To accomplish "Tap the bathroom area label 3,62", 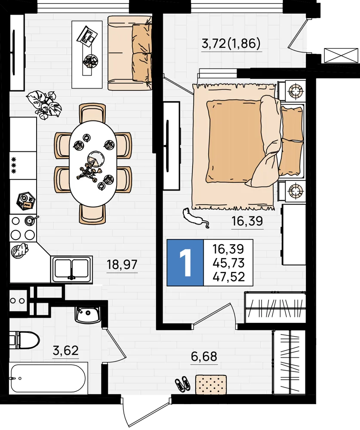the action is pyautogui.click(x=65, y=350).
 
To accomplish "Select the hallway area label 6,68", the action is pyautogui.click(x=204, y=357).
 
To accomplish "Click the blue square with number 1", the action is pyautogui.click(x=185, y=263).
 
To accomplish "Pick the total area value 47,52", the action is pyautogui.click(x=228, y=277).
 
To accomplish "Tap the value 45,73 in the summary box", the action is pyautogui.click(x=228, y=263).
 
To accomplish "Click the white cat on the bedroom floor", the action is pyautogui.click(x=195, y=218).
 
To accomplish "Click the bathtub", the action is pyautogui.click(x=49, y=378).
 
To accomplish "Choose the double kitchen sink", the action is pyautogui.click(x=71, y=269).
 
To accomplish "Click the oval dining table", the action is pyautogui.click(x=93, y=163).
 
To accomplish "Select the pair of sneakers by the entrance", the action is pyautogui.click(x=182, y=383).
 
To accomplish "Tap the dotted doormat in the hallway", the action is pyautogui.click(x=211, y=384).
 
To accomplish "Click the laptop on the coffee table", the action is pyautogui.click(x=87, y=35).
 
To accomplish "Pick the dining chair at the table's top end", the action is pyautogui.click(x=92, y=113).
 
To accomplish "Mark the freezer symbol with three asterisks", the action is pyautogui.click(x=13, y=166).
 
